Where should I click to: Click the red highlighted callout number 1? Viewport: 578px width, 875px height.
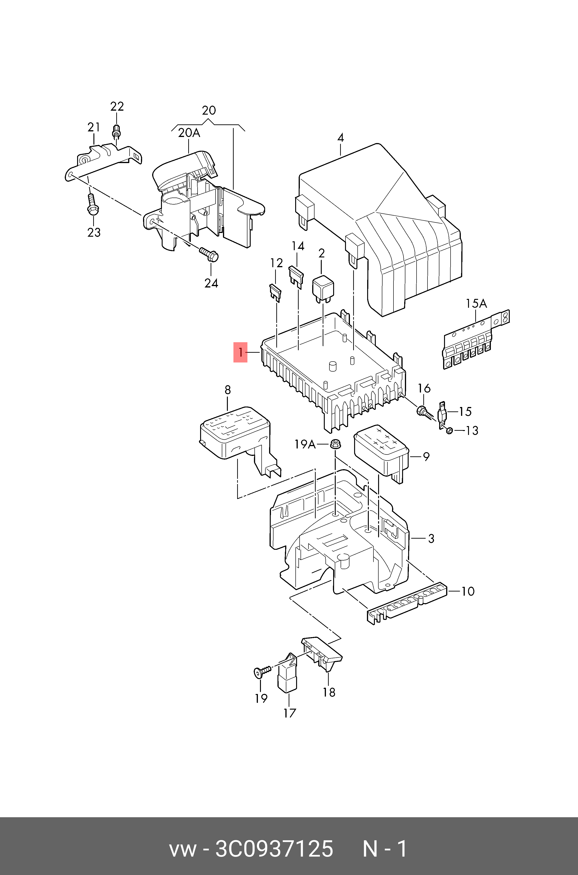(240, 352)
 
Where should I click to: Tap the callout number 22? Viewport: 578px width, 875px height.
(117, 106)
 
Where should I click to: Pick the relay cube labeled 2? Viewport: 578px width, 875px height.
(323, 287)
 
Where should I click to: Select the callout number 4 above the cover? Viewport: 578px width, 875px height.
(341, 138)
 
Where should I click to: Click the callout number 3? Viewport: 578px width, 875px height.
(431, 539)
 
